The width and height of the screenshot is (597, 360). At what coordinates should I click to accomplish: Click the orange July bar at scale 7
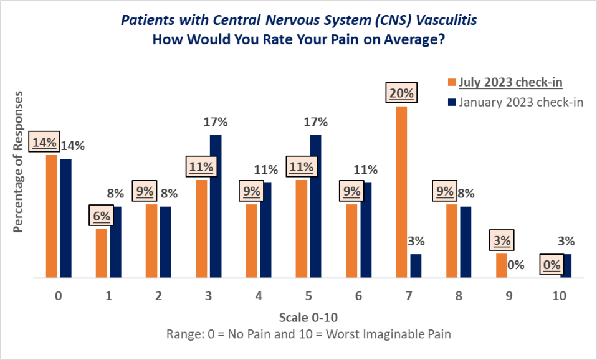[401, 192]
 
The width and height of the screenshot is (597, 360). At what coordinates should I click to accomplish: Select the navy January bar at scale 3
[216, 206]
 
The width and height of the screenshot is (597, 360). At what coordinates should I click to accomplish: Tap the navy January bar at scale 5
[315, 206]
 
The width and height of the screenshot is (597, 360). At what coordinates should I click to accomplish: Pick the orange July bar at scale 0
[51, 216]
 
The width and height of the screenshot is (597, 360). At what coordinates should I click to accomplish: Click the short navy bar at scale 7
[416, 265]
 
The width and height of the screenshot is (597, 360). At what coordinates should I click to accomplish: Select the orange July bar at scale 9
[502, 265]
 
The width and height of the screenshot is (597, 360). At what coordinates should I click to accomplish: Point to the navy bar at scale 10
[566, 265]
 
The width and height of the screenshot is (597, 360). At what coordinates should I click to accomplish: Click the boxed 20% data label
[401, 93]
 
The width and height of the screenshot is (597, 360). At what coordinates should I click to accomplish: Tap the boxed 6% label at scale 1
[102, 216]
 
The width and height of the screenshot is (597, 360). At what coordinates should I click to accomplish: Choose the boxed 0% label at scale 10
[552, 264]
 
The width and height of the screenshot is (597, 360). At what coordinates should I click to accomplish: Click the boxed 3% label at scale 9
[502, 240]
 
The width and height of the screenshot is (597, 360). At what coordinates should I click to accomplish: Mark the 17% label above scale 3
[216, 121]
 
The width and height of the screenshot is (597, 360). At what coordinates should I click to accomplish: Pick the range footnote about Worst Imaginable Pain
[308, 334]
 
